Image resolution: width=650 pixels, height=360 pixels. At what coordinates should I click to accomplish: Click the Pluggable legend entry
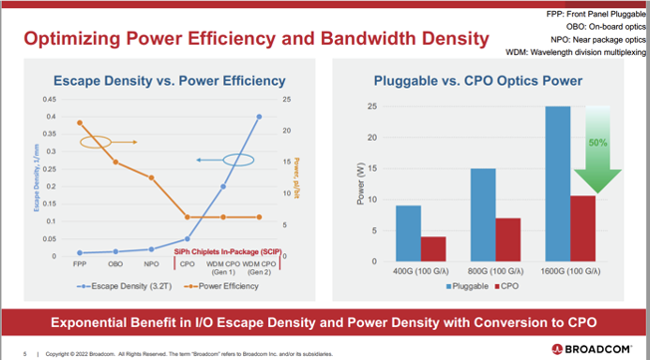coord(470,285)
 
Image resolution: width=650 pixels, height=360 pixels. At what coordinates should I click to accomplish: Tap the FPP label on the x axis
coord(80,264)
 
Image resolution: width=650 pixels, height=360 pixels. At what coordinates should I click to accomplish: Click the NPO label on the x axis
coord(152,264)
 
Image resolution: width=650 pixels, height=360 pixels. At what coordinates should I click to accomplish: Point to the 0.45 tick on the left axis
coord(50,100)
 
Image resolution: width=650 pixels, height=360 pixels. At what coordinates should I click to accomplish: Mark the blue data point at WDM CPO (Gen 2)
coord(259,117)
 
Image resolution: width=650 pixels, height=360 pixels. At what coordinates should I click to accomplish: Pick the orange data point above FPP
coord(80,123)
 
